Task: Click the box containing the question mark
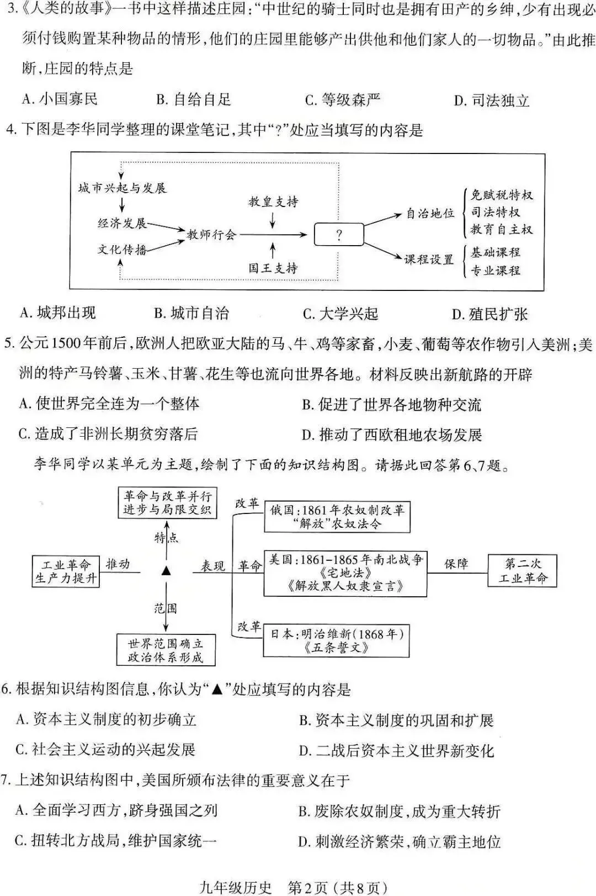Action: (x=338, y=235)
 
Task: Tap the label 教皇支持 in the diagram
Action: (x=273, y=202)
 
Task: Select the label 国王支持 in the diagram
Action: (x=273, y=268)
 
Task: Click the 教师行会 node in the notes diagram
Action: (x=211, y=235)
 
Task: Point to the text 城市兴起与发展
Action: (x=122, y=188)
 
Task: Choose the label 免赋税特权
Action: (x=501, y=195)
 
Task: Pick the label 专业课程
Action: (x=495, y=271)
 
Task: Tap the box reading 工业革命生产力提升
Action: (x=66, y=571)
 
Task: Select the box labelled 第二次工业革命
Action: (x=522, y=571)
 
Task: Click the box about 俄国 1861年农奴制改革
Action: (x=337, y=517)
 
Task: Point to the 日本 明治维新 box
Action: (x=336, y=641)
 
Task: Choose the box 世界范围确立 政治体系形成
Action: (x=166, y=650)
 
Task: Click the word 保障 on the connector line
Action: (x=456, y=564)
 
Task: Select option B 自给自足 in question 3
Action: (x=193, y=100)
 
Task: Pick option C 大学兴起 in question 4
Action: (x=340, y=314)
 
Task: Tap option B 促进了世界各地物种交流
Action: (x=391, y=405)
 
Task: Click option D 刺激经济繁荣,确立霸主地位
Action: (x=399, y=842)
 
